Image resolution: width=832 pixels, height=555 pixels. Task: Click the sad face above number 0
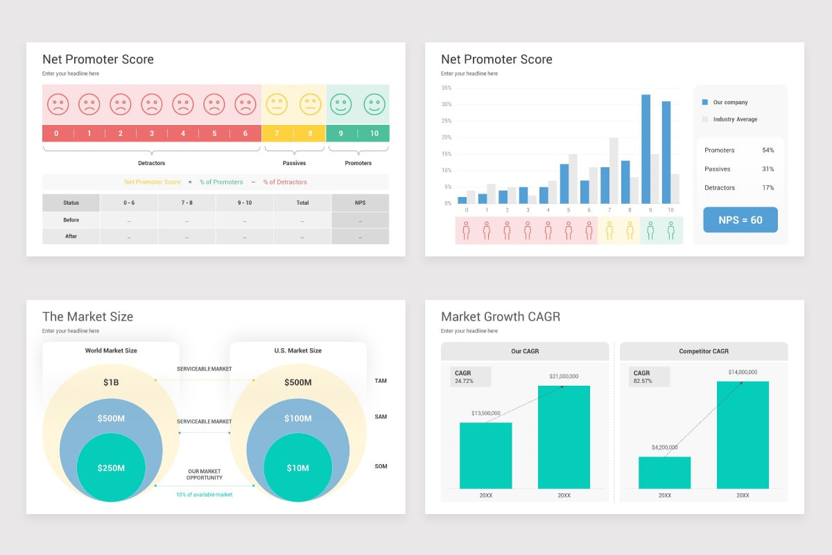tap(58, 104)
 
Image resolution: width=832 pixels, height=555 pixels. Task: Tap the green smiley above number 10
tap(374, 104)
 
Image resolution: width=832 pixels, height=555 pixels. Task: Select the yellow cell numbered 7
tap(277, 133)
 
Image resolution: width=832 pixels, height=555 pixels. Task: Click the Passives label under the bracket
tap(294, 163)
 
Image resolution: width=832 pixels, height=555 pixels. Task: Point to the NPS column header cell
tap(361, 203)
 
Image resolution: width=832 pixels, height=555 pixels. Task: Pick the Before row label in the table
tap(71, 220)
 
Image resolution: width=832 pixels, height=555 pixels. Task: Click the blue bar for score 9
tap(646, 149)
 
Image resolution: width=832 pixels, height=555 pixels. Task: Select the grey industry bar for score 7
tap(614, 171)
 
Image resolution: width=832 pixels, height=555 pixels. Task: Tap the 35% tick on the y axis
tap(447, 87)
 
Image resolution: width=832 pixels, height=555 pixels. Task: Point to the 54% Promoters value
tap(768, 150)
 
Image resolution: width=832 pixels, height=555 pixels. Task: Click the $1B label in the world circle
tap(111, 382)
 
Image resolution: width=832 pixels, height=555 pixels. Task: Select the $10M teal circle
tap(298, 468)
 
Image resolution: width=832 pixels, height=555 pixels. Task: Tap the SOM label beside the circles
tap(381, 466)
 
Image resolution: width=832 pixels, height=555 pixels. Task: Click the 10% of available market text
tap(205, 495)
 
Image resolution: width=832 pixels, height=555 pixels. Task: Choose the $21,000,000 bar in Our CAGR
tap(564, 437)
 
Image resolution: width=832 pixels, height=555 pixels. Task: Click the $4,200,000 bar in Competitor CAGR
tap(664, 473)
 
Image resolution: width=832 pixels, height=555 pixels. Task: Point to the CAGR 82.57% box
tap(649, 377)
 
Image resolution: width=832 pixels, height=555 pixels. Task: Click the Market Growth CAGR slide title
tap(501, 317)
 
